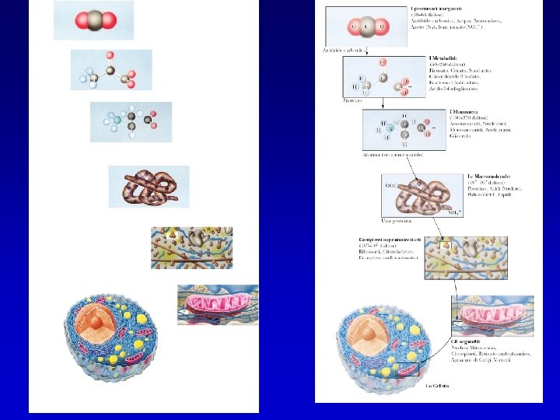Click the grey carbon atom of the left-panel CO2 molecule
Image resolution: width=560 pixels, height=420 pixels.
tap(93, 21)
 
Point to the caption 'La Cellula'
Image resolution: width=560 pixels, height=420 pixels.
tap(438, 384)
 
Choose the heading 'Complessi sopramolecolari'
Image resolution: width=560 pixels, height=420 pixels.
tap(389, 239)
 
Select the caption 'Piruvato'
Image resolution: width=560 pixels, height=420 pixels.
tap(353, 100)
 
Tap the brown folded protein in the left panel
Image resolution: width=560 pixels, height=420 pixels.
tap(147, 187)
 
